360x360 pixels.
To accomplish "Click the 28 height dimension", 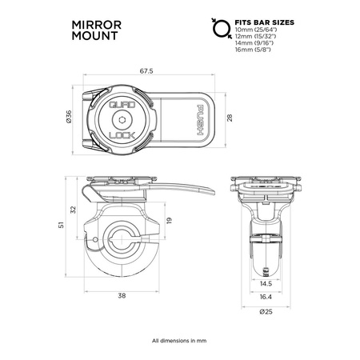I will coord(230,118).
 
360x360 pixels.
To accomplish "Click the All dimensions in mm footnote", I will coord(179,341).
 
